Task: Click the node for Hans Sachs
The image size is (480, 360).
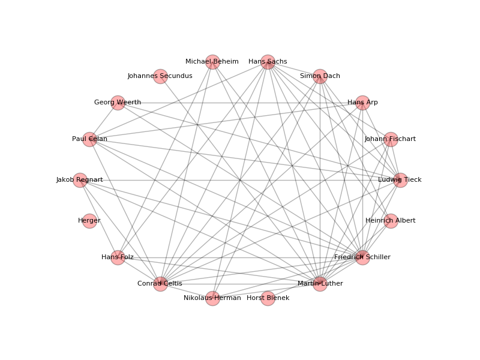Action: tap(268, 62)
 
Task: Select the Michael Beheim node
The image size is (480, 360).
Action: tap(212, 62)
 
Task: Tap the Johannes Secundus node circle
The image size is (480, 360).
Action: tap(160, 76)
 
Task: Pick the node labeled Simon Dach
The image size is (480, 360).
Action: tap(320, 76)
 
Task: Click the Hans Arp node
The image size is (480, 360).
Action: tap(362, 103)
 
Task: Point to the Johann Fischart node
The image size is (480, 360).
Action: tap(391, 139)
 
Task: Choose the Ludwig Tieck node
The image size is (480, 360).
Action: tap(400, 180)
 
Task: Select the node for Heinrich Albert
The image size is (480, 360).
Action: tap(391, 221)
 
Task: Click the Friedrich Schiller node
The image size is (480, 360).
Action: tap(362, 257)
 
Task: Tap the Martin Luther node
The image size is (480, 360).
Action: tap(320, 284)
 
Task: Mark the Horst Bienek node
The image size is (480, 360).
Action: tap(268, 298)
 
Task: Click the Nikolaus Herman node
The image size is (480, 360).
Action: tap(212, 298)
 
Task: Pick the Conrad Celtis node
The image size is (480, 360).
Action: tap(160, 284)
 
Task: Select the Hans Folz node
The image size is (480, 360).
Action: tap(118, 257)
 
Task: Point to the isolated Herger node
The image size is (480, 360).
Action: tap(89, 221)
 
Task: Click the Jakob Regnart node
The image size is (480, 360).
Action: tap(80, 180)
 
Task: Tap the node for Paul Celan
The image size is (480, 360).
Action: tap(89, 139)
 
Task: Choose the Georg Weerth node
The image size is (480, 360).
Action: tap(118, 103)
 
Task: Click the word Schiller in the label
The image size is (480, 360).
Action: tap(378, 257)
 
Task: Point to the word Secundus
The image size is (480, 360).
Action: tap(176, 76)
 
